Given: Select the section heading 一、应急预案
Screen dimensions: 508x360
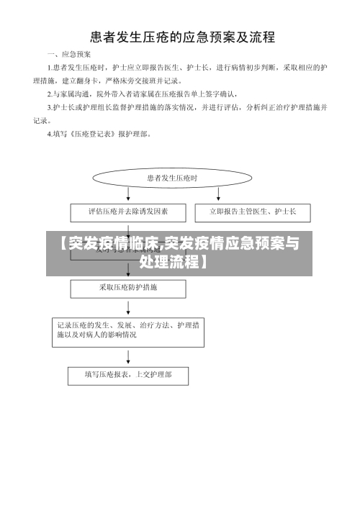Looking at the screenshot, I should (x=69, y=54).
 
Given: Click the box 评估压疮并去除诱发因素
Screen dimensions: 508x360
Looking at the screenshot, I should (x=128, y=212).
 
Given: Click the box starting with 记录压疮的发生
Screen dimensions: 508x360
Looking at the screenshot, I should (x=128, y=330).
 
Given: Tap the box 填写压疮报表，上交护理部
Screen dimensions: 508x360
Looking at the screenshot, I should (x=128, y=374).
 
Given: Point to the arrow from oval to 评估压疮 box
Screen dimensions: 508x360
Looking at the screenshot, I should (x=128, y=195).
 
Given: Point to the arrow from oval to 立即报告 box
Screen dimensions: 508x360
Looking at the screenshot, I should (x=219, y=195).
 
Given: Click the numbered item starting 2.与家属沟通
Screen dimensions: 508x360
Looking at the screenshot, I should (x=137, y=94).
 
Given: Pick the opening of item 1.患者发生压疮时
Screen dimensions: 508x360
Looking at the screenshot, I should (x=79, y=67).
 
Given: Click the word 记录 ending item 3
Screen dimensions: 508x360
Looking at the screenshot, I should (x=42, y=120).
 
